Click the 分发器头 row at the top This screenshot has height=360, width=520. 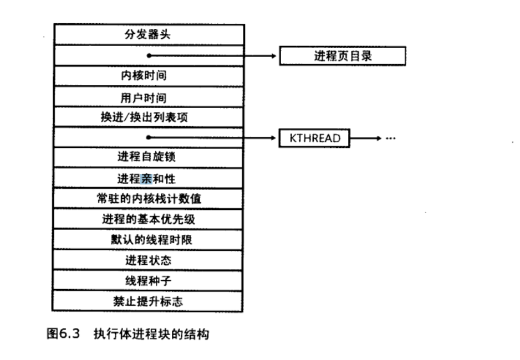pyautogui.click(x=148, y=34)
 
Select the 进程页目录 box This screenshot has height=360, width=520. pyautogui.click(x=342, y=55)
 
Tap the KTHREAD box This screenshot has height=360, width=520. pyautogui.click(x=314, y=138)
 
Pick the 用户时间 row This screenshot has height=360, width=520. pyautogui.click(x=148, y=97)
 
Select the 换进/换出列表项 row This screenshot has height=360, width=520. pyautogui.click(x=148, y=117)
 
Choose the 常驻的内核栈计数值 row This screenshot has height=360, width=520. pyautogui.click(x=148, y=199)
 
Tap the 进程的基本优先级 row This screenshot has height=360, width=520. pyautogui.click(x=148, y=219)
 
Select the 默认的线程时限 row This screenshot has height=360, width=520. pyautogui.click(x=148, y=240)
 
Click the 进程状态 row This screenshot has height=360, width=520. pyautogui.click(x=148, y=260)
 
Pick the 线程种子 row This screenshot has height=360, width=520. pyautogui.click(x=148, y=281)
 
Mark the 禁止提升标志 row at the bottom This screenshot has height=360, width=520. pyautogui.click(x=148, y=301)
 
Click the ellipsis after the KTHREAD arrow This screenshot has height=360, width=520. pyautogui.click(x=391, y=138)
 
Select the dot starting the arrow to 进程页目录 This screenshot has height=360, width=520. pyautogui.click(x=149, y=55)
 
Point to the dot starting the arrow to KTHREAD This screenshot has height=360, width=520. pyautogui.click(x=149, y=137)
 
